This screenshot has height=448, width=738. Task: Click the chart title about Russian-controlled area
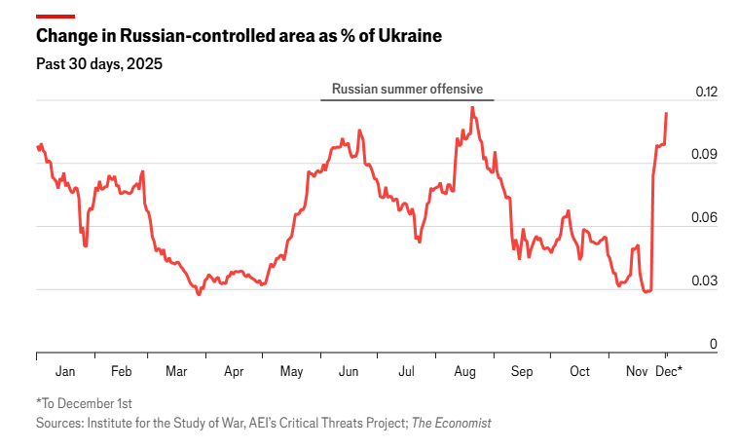pos(239,37)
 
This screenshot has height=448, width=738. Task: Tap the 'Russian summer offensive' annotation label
pos(407,89)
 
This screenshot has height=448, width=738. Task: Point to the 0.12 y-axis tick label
pos(705,92)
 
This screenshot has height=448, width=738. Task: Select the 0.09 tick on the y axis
pos(705,155)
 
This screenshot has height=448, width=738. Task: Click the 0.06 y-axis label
pos(705,217)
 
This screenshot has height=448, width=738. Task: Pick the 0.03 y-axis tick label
pos(705,280)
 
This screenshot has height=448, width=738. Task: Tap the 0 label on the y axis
pos(714,343)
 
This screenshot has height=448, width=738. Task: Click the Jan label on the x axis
pos(65,371)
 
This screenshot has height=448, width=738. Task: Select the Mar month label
pos(177,371)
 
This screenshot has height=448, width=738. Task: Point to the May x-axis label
pos(291,371)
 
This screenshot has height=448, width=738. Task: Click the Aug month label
pos(464,371)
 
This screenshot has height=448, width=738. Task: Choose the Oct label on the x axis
pos(579,371)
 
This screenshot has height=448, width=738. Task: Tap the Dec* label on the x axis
pos(668,371)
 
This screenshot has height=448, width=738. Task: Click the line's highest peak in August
pos(472,107)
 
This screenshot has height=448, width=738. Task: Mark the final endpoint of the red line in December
pos(666,113)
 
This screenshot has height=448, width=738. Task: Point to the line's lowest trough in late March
pos(199,294)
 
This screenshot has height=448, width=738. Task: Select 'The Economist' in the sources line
pos(451,423)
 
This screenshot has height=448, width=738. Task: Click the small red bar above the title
pos(55,17)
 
